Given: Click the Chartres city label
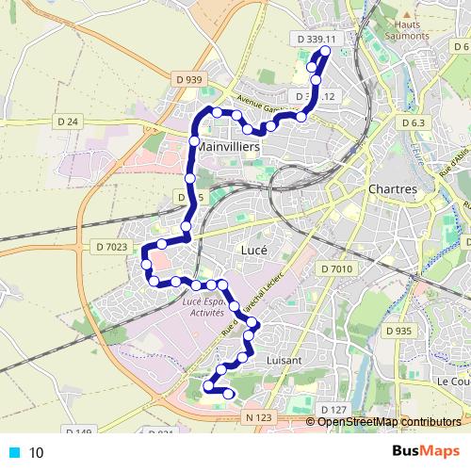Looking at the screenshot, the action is pyautogui.click(x=393, y=189).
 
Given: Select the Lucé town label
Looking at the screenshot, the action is pyautogui.click(x=254, y=252).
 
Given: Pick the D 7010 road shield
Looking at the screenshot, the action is pyautogui.click(x=335, y=269).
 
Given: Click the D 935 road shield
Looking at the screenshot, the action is pyautogui.click(x=399, y=331).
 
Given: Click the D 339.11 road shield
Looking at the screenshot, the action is pyautogui.click(x=316, y=40).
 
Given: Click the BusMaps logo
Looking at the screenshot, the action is pyautogui.click(x=425, y=450).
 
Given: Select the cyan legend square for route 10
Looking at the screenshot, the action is pyautogui.click(x=13, y=452).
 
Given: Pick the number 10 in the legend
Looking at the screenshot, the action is pyautogui.click(x=37, y=452).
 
